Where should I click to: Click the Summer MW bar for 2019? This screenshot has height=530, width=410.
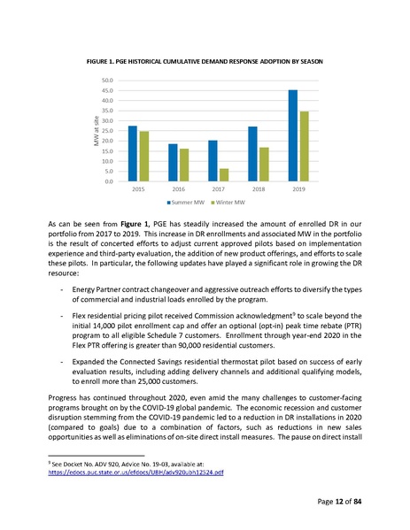[x=292, y=135]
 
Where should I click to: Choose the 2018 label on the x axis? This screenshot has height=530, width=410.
[x=258, y=189]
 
